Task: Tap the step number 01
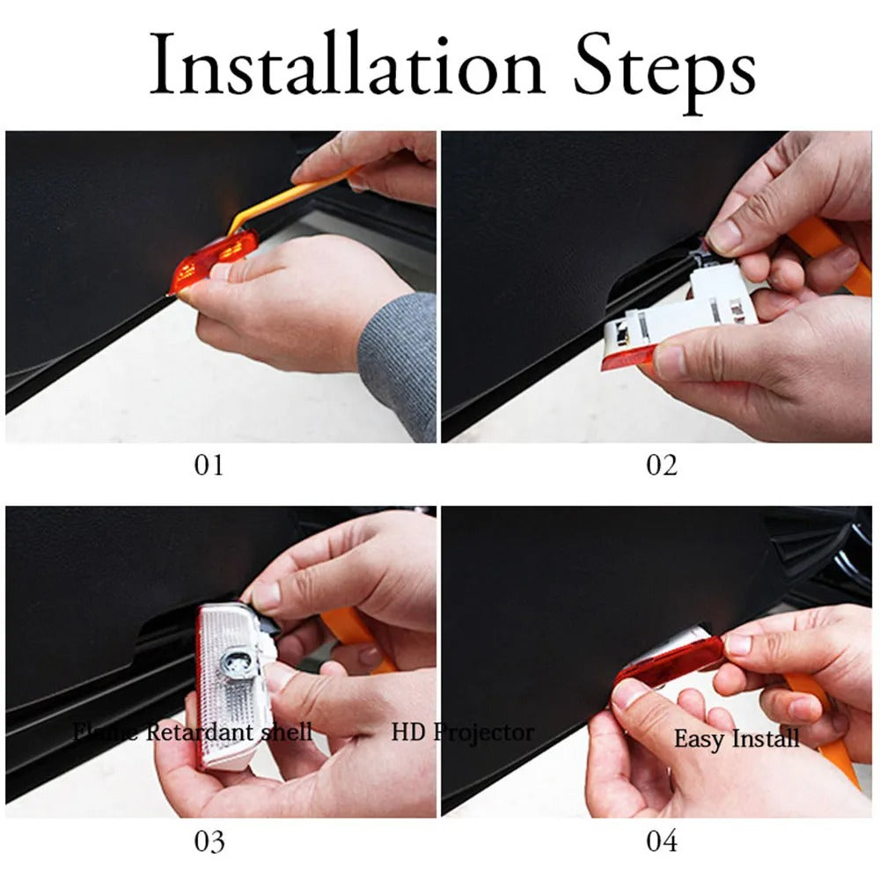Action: (209, 465)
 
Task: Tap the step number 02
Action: (662, 465)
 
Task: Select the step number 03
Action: (209, 841)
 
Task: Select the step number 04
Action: (662, 841)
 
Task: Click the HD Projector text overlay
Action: (462, 731)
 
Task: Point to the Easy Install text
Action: (737, 737)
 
